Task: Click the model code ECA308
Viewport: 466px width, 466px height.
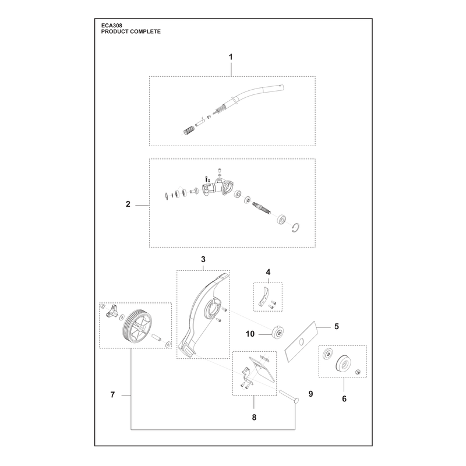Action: tap(111, 26)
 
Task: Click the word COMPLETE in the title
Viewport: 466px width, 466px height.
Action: tap(145, 31)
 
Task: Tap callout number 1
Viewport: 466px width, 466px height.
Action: tap(231, 57)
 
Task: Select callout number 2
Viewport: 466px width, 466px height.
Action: tap(128, 204)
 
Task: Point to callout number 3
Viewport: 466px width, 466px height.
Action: tap(203, 259)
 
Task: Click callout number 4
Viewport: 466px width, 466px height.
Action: tap(268, 272)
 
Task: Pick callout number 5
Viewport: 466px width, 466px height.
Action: tap(337, 326)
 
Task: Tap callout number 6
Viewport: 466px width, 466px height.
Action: tap(344, 399)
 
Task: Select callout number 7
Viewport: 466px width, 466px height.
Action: tap(112, 395)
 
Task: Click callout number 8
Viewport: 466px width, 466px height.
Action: tap(254, 418)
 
